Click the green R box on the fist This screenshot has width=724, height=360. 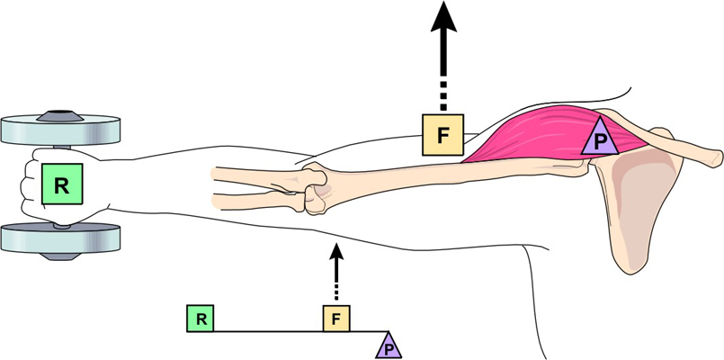[x=61, y=185]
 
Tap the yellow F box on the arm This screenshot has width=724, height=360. [x=442, y=135]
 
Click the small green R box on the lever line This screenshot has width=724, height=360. [x=201, y=318]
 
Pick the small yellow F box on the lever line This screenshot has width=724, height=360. [x=336, y=318]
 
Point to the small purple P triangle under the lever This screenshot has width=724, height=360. [x=389, y=346]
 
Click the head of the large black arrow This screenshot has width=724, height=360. [x=442, y=18]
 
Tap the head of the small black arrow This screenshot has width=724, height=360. [x=337, y=249]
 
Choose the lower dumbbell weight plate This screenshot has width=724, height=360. [x=61, y=238]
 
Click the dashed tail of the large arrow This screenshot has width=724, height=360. [x=442, y=90]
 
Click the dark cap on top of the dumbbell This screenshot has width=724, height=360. [x=61, y=114]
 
